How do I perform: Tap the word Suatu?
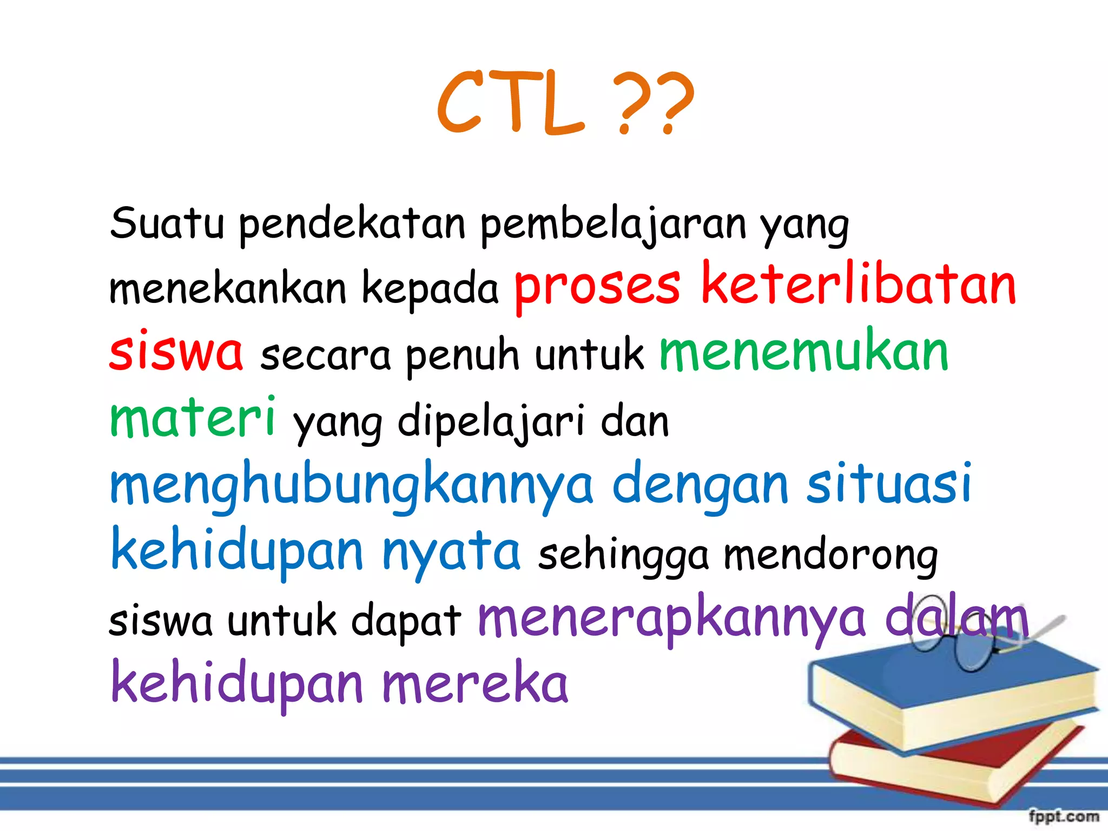pyautogui.click(x=167, y=223)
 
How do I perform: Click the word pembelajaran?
pyautogui.click(x=613, y=225)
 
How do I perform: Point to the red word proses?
pyautogui.click(x=597, y=287)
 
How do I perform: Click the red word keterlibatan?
pyautogui.click(x=859, y=285)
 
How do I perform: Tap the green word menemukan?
pyautogui.click(x=804, y=352)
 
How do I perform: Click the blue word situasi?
pyautogui.click(x=889, y=483)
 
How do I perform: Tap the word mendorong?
pyautogui.click(x=830, y=556)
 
